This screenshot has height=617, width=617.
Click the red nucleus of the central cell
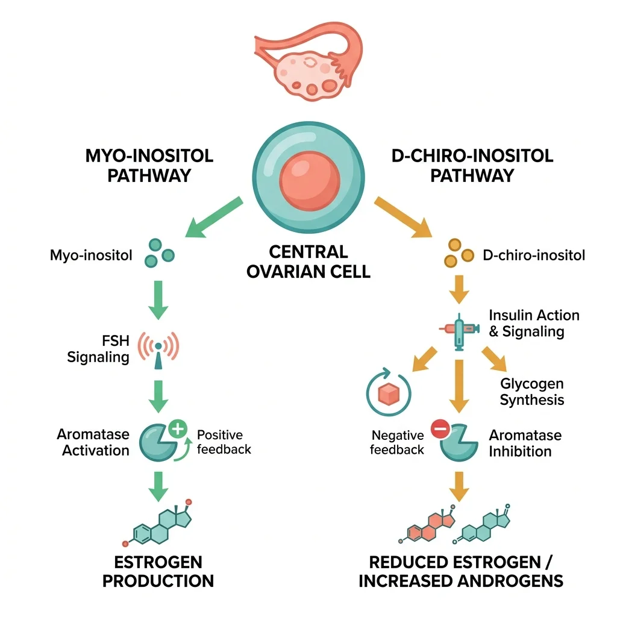[308, 181]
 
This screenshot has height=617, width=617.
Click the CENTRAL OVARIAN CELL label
[308, 261]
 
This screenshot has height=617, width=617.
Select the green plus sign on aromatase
[177, 429]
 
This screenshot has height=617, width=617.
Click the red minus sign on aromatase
[440, 430]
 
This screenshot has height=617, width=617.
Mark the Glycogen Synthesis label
[532, 392]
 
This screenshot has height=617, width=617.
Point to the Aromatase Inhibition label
[525, 443]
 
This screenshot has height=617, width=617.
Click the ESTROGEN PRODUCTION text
[158, 572]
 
